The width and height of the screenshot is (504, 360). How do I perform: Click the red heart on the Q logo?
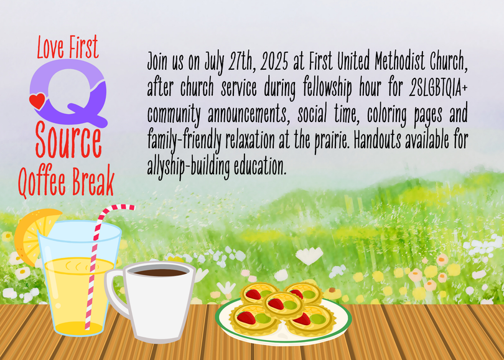coord(37,101)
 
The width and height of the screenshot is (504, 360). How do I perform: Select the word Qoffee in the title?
coord(42,181)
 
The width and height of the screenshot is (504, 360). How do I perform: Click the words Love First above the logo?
coord(67,47)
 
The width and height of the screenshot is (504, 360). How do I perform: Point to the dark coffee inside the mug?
coord(160,273)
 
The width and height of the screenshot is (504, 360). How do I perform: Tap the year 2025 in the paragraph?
coord(274,61)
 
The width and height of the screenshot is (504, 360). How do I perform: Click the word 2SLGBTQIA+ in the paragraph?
coord(438,87)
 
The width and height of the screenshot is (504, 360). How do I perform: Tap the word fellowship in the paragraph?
coord(327,88)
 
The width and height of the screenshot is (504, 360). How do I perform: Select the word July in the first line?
coord(215,62)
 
